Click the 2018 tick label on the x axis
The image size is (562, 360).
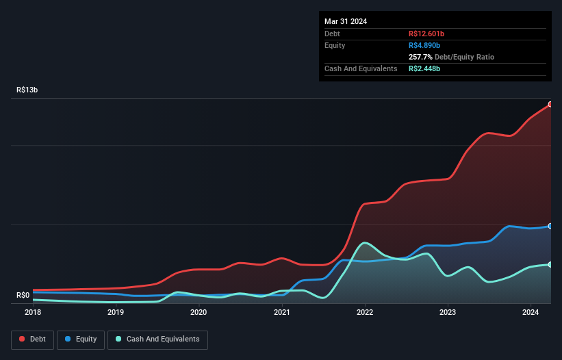click(33, 312)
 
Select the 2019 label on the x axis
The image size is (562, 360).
click(116, 312)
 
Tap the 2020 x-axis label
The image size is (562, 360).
click(199, 312)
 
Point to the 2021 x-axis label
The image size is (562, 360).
click(281, 312)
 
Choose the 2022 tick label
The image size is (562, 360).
click(365, 312)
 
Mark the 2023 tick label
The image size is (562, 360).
click(448, 312)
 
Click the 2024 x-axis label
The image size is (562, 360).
click(531, 312)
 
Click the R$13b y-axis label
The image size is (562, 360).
click(27, 90)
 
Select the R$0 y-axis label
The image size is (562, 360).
click(23, 295)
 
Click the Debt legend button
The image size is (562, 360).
click(32, 339)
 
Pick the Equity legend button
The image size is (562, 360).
click(81, 339)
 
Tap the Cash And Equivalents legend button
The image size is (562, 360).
click(157, 339)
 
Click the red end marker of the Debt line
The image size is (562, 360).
click(550, 104)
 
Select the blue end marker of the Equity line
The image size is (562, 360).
click(550, 226)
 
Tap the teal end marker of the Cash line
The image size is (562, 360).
click(550, 264)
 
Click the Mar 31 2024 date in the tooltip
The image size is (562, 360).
click(346, 21)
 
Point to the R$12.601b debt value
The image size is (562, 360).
click(426, 34)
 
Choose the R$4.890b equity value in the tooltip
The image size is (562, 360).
click(424, 45)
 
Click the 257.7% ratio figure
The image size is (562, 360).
click(420, 57)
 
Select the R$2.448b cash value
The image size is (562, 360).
click(424, 68)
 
